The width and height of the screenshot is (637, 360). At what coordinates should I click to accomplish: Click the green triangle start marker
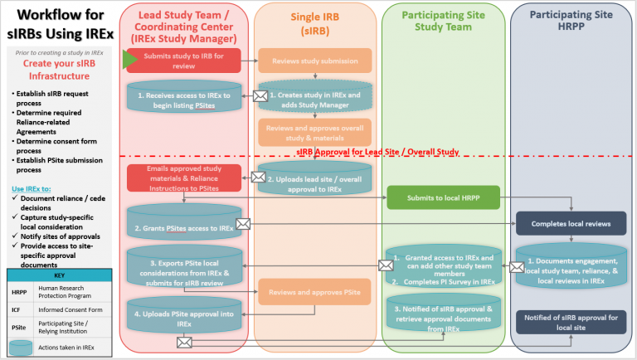tap(131, 58)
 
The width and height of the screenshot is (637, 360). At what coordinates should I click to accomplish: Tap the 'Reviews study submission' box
tap(314, 60)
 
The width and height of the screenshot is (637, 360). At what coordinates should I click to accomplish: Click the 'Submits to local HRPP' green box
tap(444, 197)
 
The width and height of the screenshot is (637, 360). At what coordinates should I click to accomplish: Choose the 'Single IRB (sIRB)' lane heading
tap(314, 23)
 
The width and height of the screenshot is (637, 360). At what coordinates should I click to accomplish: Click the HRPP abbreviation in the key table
tap(19, 289)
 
